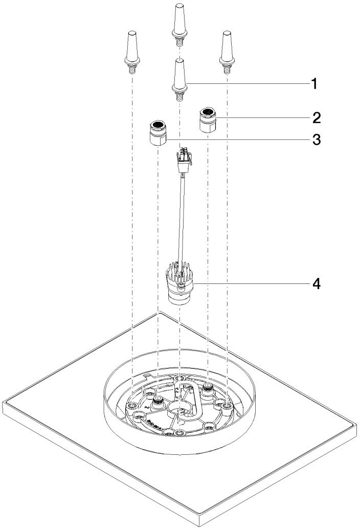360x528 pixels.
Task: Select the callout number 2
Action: [316, 118]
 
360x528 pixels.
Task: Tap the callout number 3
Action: [316, 139]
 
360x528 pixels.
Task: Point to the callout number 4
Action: [316, 283]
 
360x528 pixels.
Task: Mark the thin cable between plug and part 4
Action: [181, 220]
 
